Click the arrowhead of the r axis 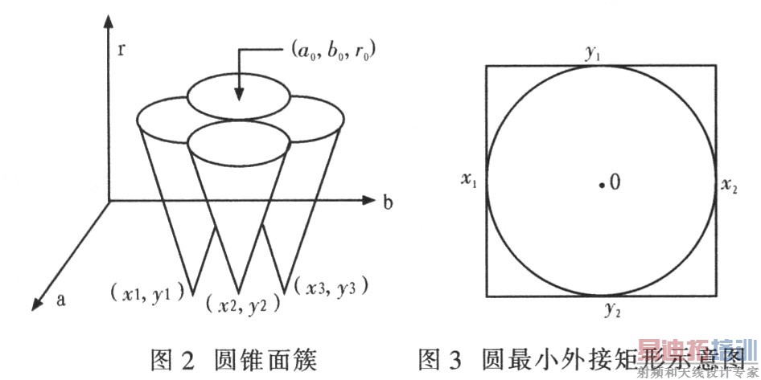pyautogui.click(x=105, y=22)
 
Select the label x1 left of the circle pyautogui.click(x=468, y=182)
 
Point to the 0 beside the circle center pyautogui.click(x=615, y=182)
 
